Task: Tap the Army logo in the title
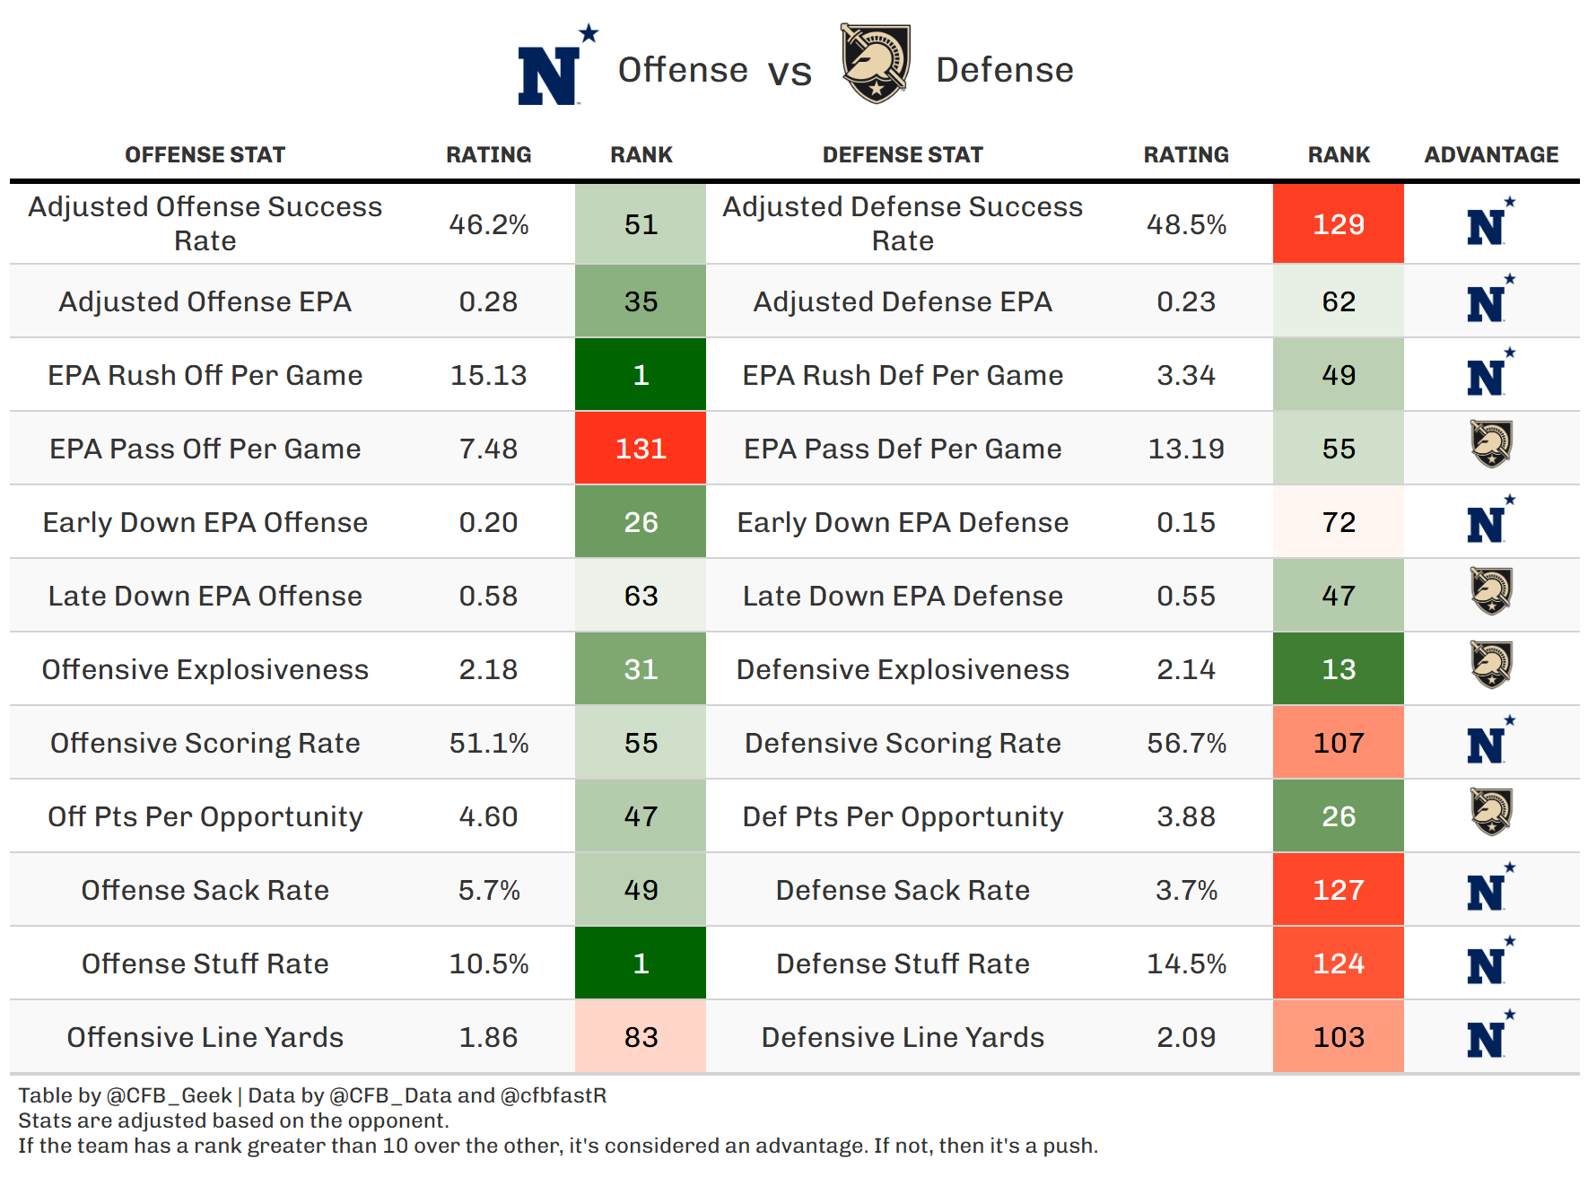tap(875, 64)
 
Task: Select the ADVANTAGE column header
tap(1491, 154)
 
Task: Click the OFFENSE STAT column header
tap(205, 154)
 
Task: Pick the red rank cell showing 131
tap(641, 449)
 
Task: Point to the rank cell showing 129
tap(1338, 224)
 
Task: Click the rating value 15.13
tap(488, 375)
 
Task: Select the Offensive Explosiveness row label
tap(205, 669)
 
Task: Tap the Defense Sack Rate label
tap(903, 890)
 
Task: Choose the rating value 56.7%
tap(1186, 743)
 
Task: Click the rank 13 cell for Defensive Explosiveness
tap(1338, 669)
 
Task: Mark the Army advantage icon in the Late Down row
tap(1491, 591)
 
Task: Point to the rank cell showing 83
tap(641, 1037)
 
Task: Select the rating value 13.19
tap(1186, 449)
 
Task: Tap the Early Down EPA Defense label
tap(903, 522)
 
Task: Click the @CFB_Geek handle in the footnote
tap(169, 1095)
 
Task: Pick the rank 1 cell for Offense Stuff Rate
tap(641, 963)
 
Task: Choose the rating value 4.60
tap(488, 816)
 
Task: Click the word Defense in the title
tap(1004, 70)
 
